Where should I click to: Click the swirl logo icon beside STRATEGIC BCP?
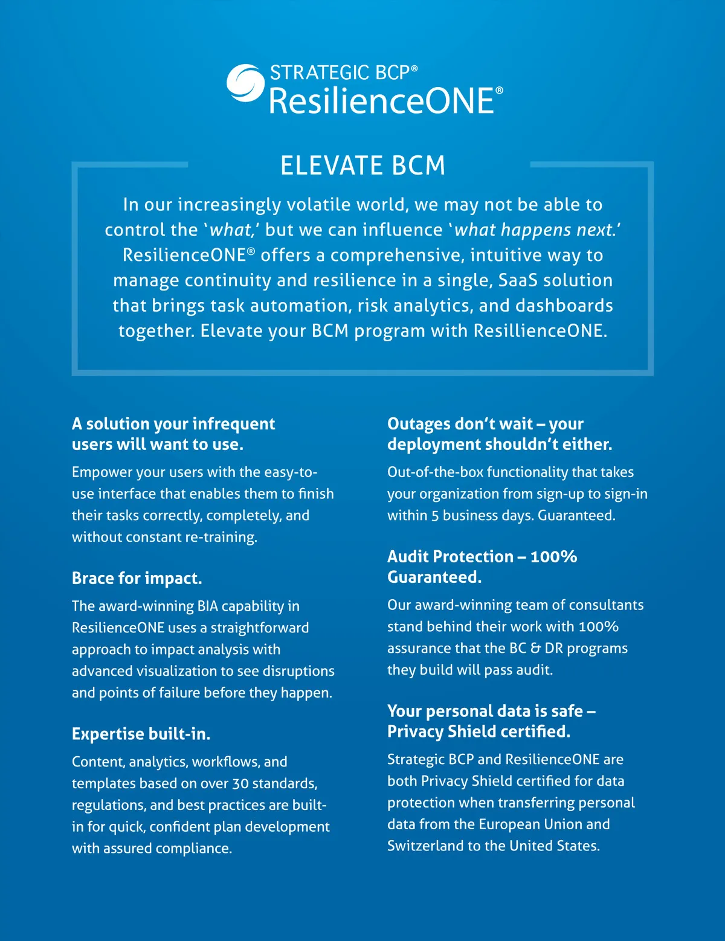[x=245, y=83]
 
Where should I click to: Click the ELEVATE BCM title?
[x=362, y=165]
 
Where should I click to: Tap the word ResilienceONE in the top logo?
[x=382, y=101]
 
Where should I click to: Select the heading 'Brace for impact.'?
[x=137, y=578]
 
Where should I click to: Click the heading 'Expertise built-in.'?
[x=141, y=734]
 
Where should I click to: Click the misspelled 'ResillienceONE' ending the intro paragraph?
[x=540, y=331]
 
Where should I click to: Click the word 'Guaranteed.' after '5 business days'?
[x=576, y=515]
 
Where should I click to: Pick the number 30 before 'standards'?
[x=240, y=783]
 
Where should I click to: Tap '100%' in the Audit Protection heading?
[x=553, y=556]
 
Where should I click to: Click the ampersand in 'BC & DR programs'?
[x=535, y=648]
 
